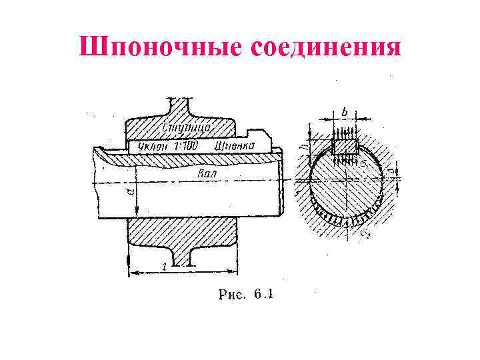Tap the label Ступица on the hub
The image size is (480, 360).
pyautogui.click(x=187, y=126)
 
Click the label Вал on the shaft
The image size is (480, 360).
pyautogui.click(x=207, y=174)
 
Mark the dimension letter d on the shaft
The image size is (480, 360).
pyautogui.click(x=131, y=194)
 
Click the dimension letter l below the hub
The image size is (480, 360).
pyautogui.click(x=164, y=267)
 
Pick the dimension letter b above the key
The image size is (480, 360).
pyautogui.click(x=344, y=111)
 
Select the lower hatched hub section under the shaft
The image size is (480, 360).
pyautogui.click(x=181, y=233)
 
